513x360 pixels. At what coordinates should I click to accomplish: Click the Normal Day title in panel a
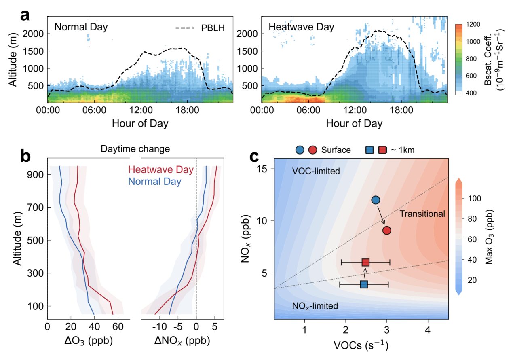pyautogui.click(x=81, y=28)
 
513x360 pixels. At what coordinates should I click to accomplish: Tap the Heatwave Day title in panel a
pyautogui.click(x=302, y=28)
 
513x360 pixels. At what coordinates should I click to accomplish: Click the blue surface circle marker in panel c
pyautogui.click(x=376, y=200)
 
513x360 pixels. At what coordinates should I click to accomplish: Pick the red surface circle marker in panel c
pyautogui.click(x=386, y=230)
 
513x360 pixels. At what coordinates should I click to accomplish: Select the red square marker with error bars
pyautogui.click(x=365, y=262)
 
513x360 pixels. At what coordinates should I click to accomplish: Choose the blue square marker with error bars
pyautogui.click(x=364, y=284)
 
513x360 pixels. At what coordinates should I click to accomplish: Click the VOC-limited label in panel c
pyautogui.click(x=316, y=172)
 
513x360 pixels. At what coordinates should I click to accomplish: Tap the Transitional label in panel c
pyautogui.click(x=422, y=214)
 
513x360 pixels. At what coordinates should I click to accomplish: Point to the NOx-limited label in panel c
pyautogui.click(x=315, y=306)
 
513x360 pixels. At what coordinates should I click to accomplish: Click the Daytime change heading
pyautogui.click(x=130, y=149)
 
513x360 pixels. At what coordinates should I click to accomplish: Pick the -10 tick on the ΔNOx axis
pyautogui.click(x=158, y=326)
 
